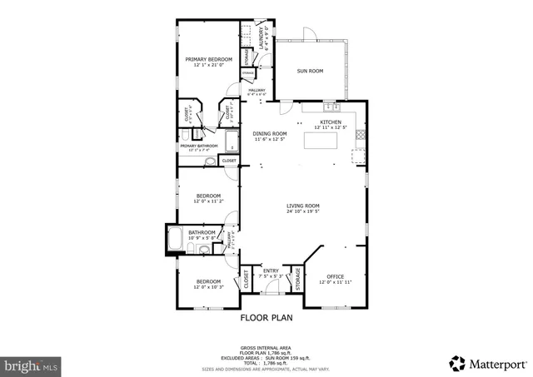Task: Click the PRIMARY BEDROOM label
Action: click(207, 59)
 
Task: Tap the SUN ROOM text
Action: click(310, 72)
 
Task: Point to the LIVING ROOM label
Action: click(303, 206)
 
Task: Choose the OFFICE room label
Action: click(335, 276)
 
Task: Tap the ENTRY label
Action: click(271, 270)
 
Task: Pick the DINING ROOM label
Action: click(270, 133)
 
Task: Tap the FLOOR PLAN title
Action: click(266, 318)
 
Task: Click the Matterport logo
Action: click(487, 363)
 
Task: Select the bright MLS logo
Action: click(31, 364)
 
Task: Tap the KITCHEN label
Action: click(331, 122)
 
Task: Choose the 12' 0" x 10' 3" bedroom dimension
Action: click(207, 287)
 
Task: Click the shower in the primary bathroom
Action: click(232, 141)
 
